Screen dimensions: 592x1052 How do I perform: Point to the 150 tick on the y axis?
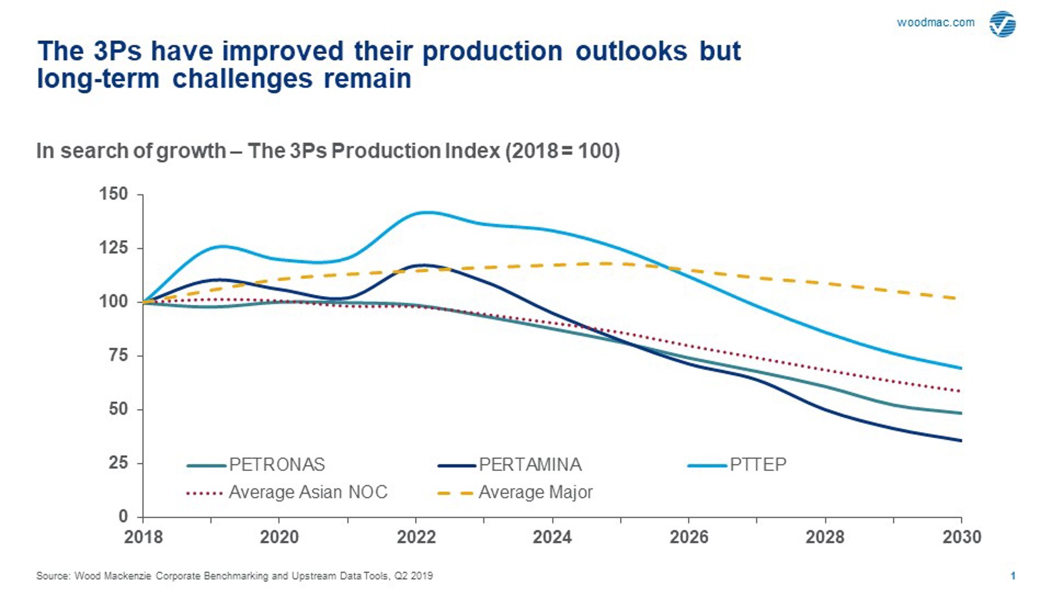(114, 194)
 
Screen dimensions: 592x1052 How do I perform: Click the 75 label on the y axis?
(117, 355)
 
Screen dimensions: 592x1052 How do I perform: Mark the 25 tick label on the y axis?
(117, 463)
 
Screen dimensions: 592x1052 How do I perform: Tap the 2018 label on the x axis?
(143, 537)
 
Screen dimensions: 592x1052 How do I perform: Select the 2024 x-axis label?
(552, 537)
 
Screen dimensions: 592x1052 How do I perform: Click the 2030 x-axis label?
(961, 537)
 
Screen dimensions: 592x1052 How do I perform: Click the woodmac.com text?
(935, 23)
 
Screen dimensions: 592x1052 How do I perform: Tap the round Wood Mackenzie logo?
(1002, 24)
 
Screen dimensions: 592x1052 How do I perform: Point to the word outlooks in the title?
(631, 51)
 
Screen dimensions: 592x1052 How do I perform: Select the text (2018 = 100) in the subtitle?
(562, 151)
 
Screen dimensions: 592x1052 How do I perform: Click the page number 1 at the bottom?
(1013, 576)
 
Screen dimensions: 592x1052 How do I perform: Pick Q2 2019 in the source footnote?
(413, 576)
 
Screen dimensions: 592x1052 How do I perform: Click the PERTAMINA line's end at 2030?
(961, 440)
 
